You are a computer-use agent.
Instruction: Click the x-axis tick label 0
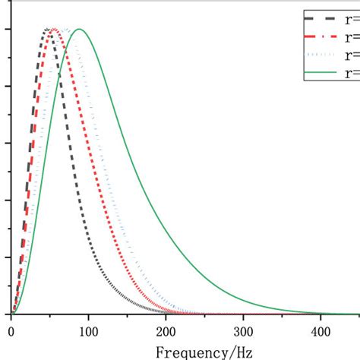point(11,331)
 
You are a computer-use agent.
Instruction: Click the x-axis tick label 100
point(88,331)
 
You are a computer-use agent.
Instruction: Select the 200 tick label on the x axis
point(166,331)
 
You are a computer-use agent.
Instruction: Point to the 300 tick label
point(243,331)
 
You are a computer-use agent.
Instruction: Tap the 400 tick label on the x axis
point(321,331)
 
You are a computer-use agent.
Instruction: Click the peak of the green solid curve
point(79,30)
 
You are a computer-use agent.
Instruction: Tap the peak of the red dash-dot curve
point(54,30)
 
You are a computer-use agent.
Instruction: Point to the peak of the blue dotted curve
point(65,30)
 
